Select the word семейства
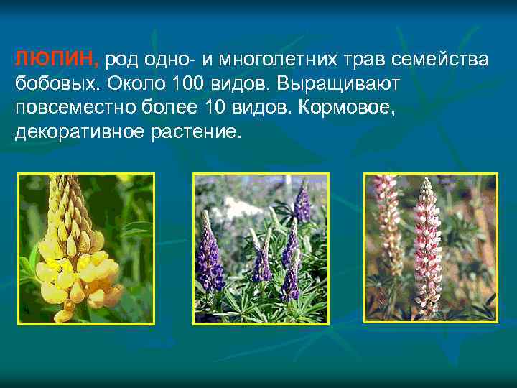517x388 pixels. [443, 59]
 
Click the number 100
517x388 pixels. [189, 83]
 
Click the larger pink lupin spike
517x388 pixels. [429, 248]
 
